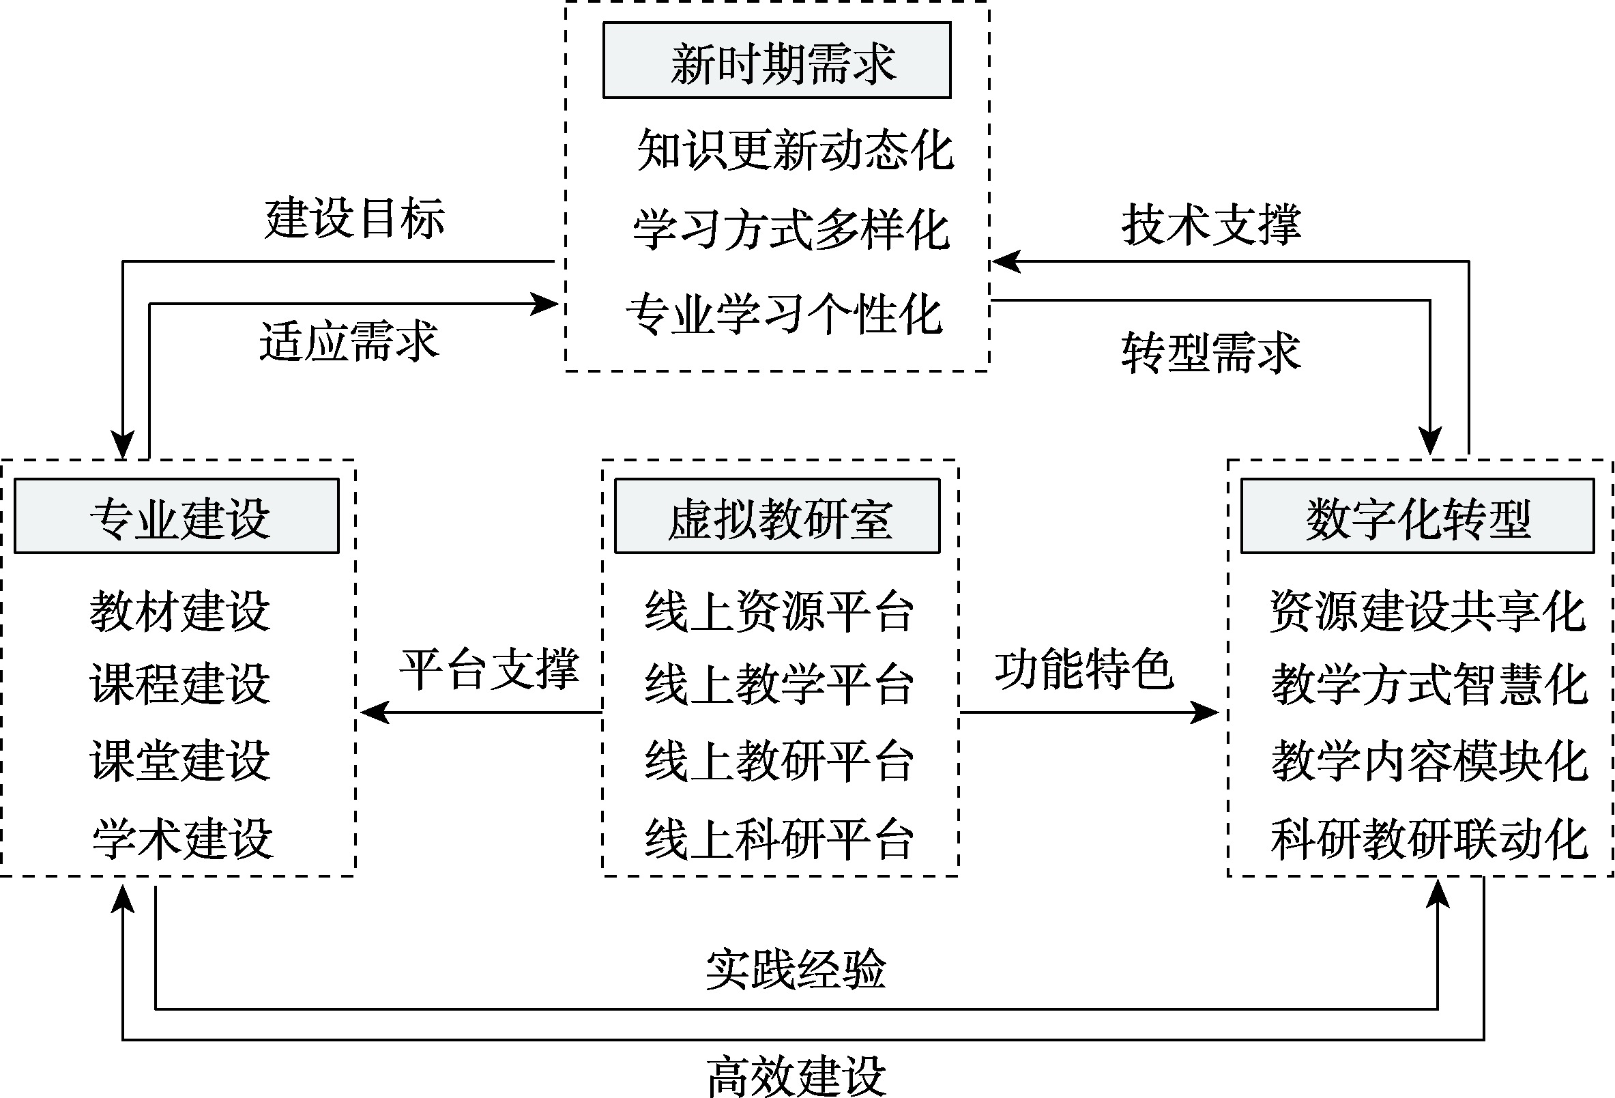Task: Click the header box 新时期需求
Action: click(776, 61)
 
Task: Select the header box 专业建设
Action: click(177, 517)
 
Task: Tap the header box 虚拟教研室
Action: click(777, 517)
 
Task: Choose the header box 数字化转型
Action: click(1418, 517)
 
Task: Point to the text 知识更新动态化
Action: click(795, 149)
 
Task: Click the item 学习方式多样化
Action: click(791, 229)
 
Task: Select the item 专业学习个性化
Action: click(784, 314)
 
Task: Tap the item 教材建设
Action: click(179, 611)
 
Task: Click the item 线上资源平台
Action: click(779, 611)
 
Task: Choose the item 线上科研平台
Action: click(779, 839)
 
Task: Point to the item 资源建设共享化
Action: click(1428, 611)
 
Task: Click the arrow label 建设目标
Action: click(354, 218)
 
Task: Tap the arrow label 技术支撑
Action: click(1211, 224)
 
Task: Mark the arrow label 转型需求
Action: click(1211, 353)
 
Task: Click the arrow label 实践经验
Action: click(796, 969)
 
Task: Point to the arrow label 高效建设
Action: click(796, 1075)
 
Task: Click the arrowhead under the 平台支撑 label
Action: click(373, 712)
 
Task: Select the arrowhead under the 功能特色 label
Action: click(1206, 712)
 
